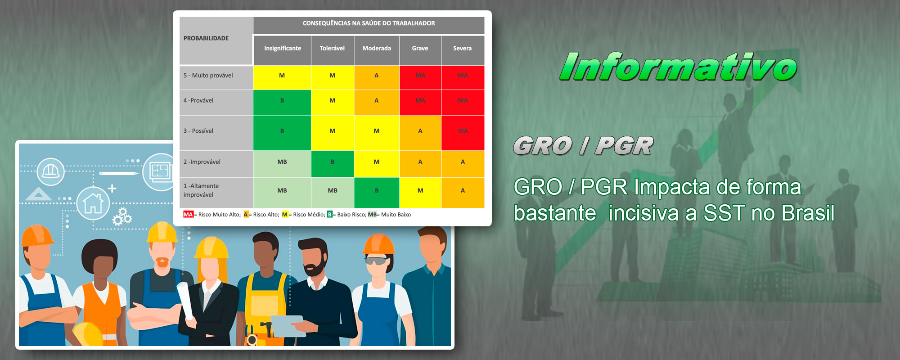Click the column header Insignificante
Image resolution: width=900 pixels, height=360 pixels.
(282, 49)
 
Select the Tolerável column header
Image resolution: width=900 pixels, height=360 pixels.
(332, 49)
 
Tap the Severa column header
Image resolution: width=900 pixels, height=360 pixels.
(463, 49)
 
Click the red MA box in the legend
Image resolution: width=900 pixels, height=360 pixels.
(188, 215)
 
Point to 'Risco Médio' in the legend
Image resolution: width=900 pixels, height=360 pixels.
(308, 215)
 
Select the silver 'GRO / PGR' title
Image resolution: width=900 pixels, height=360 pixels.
(583, 146)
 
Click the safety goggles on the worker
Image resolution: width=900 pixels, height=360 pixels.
(376, 261)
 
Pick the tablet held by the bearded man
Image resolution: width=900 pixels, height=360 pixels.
(288, 325)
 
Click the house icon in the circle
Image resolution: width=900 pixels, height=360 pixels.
(93, 203)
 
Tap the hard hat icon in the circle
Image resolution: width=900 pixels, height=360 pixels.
(50, 171)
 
